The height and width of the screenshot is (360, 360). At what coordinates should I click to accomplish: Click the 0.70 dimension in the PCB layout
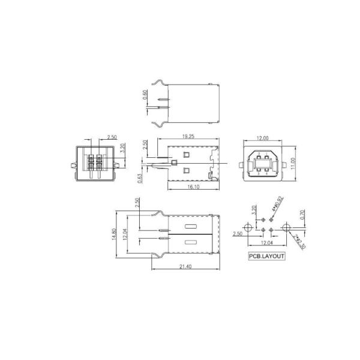pyautogui.click(x=303, y=212)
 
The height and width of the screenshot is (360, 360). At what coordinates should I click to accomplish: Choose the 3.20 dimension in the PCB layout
pyautogui.click(x=254, y=211)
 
